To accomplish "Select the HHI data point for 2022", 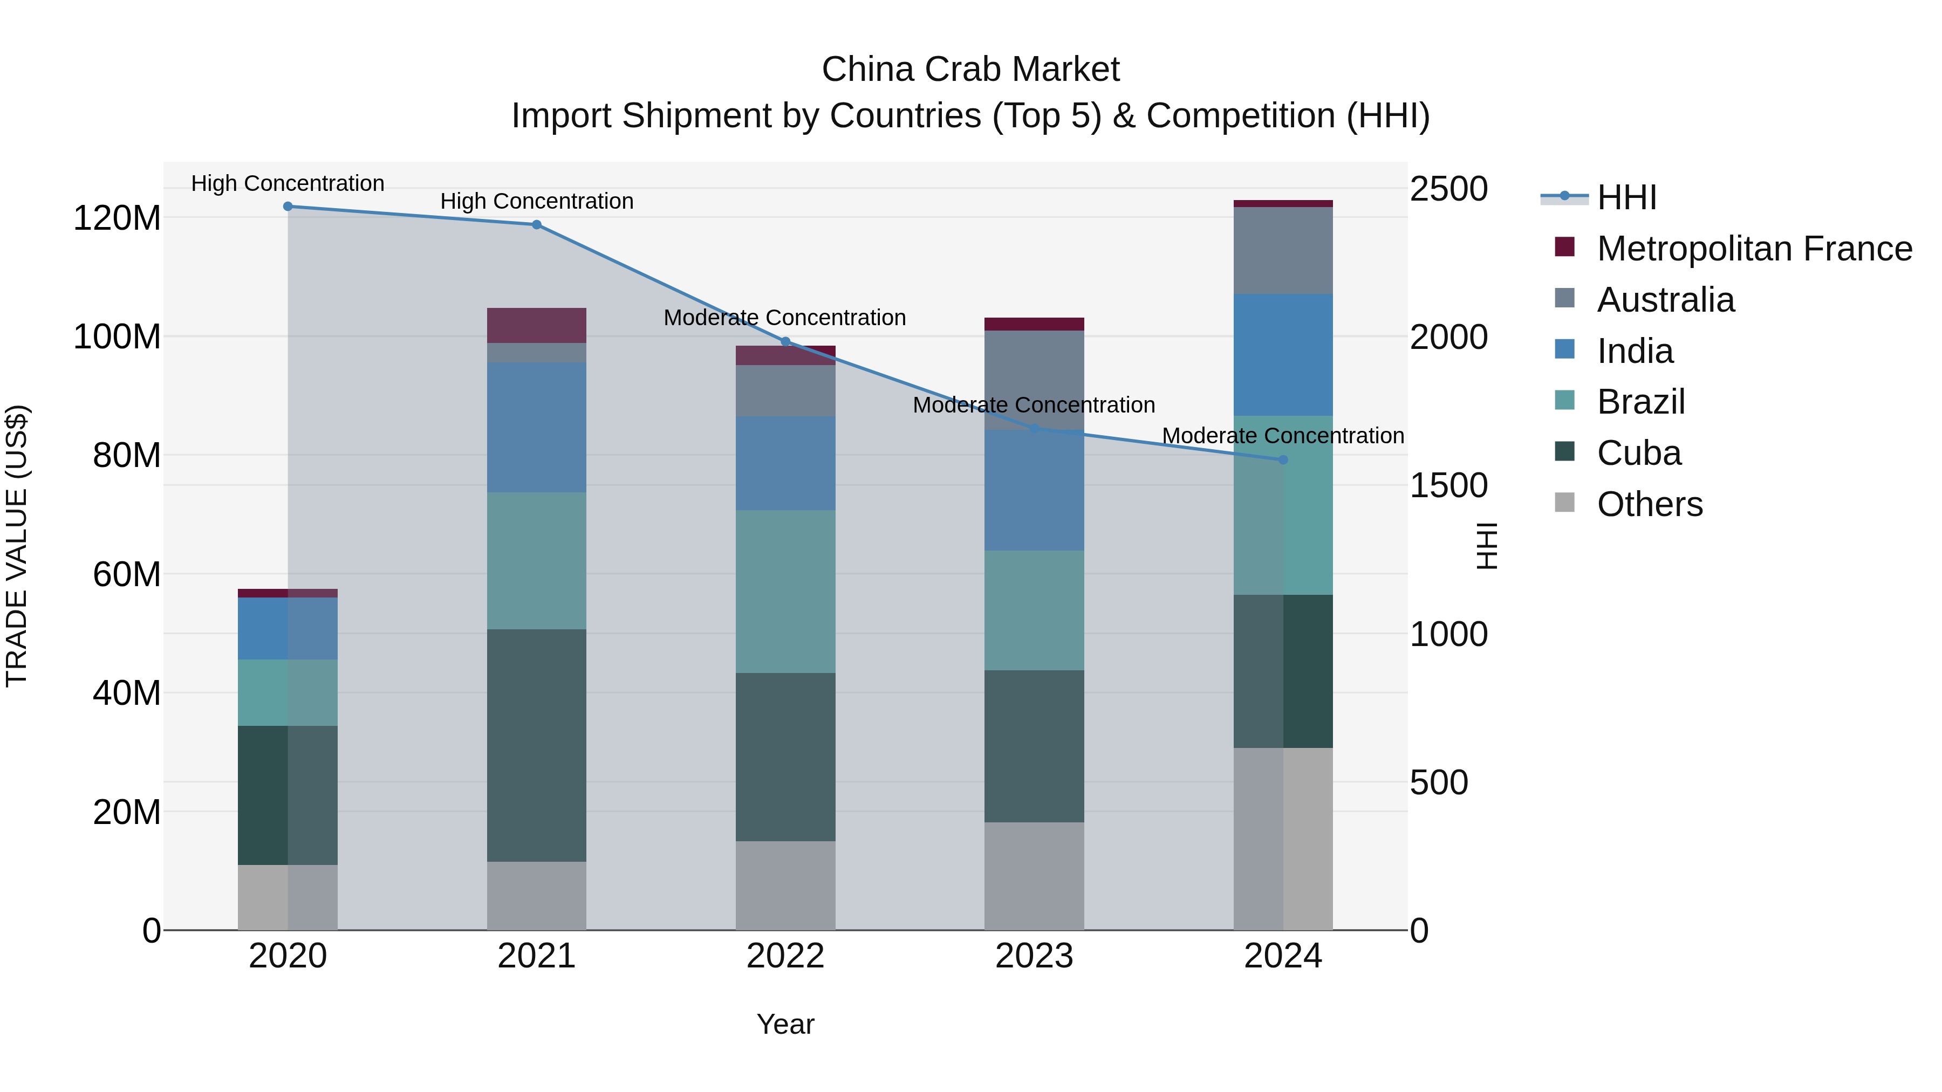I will point(785,341).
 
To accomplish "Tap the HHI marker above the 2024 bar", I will point(1283,459).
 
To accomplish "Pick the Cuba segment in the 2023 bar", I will point(1034,746).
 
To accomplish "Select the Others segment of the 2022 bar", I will point(785,885).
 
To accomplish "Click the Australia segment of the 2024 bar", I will point(1283,250).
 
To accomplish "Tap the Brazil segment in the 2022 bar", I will point(785,592).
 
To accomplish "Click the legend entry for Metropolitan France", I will point(1754,249).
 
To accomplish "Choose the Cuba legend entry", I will point(1638,453).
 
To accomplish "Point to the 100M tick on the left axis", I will point(117,337).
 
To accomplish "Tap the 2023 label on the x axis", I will point(1034,956).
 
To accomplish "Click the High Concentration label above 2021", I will point(536,201).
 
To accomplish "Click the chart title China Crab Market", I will point(970,70).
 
